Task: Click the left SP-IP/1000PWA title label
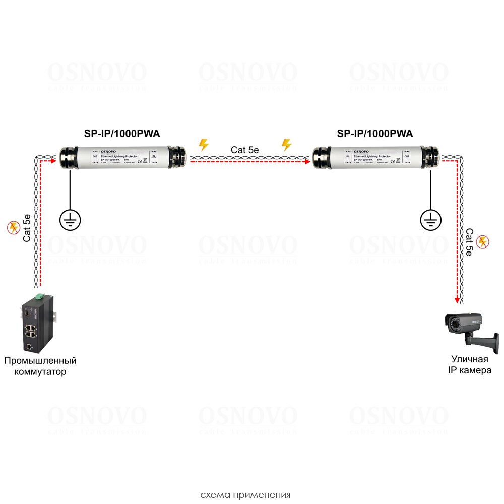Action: tap(121, 133)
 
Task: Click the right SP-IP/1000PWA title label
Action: tap(374, 133)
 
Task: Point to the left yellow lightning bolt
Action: tap(204, 145)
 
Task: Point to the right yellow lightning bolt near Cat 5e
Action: tap(286, 145)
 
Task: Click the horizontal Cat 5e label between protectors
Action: tap(245, 150)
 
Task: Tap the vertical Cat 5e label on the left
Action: tap(28, 228)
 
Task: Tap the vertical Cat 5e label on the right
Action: tap(469, 242)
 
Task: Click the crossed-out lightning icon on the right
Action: tap(482, 242)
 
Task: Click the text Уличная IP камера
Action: tap(470, 365)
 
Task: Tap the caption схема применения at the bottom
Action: tap(245, 494)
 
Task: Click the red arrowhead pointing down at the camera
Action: tap(458, 300)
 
